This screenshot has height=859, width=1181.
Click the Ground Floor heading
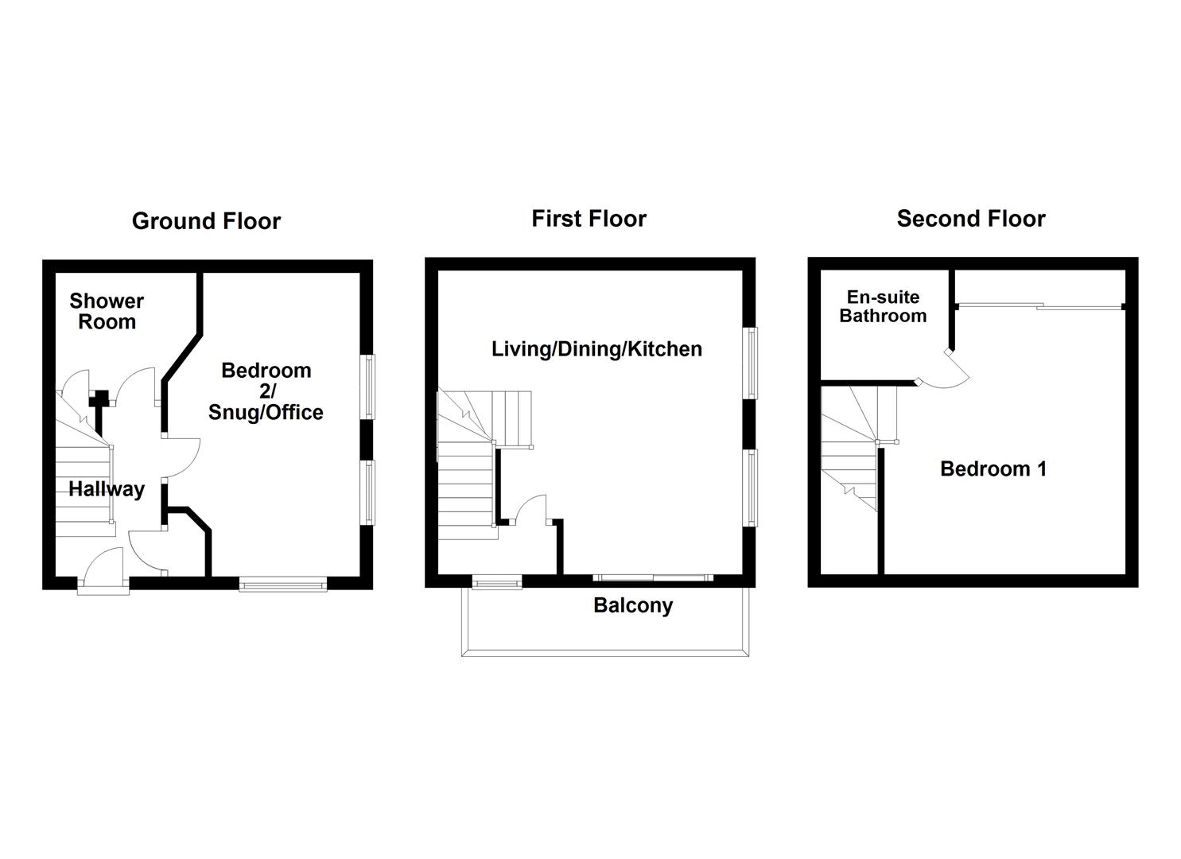point(206,221)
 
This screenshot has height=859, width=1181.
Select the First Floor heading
point(589,219)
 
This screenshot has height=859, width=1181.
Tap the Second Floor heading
point(970,219)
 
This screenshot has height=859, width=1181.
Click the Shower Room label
point(107,312)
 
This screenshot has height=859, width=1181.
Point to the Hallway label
point(107,489)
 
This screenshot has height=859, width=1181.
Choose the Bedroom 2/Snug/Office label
point(266,391)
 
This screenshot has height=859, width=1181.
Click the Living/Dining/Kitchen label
point(596,349)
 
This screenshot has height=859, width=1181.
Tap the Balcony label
point(633,606)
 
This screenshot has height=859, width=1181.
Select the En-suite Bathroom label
point(883,307)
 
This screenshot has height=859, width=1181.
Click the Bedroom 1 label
point(993,469)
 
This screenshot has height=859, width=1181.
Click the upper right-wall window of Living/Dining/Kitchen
point(751,362)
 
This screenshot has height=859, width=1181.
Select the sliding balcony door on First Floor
point(652,577)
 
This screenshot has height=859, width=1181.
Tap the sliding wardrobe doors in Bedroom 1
point(1039,306)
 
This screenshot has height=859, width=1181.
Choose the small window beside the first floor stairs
point(497,583)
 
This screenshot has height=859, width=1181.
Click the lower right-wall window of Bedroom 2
point(369,492)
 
